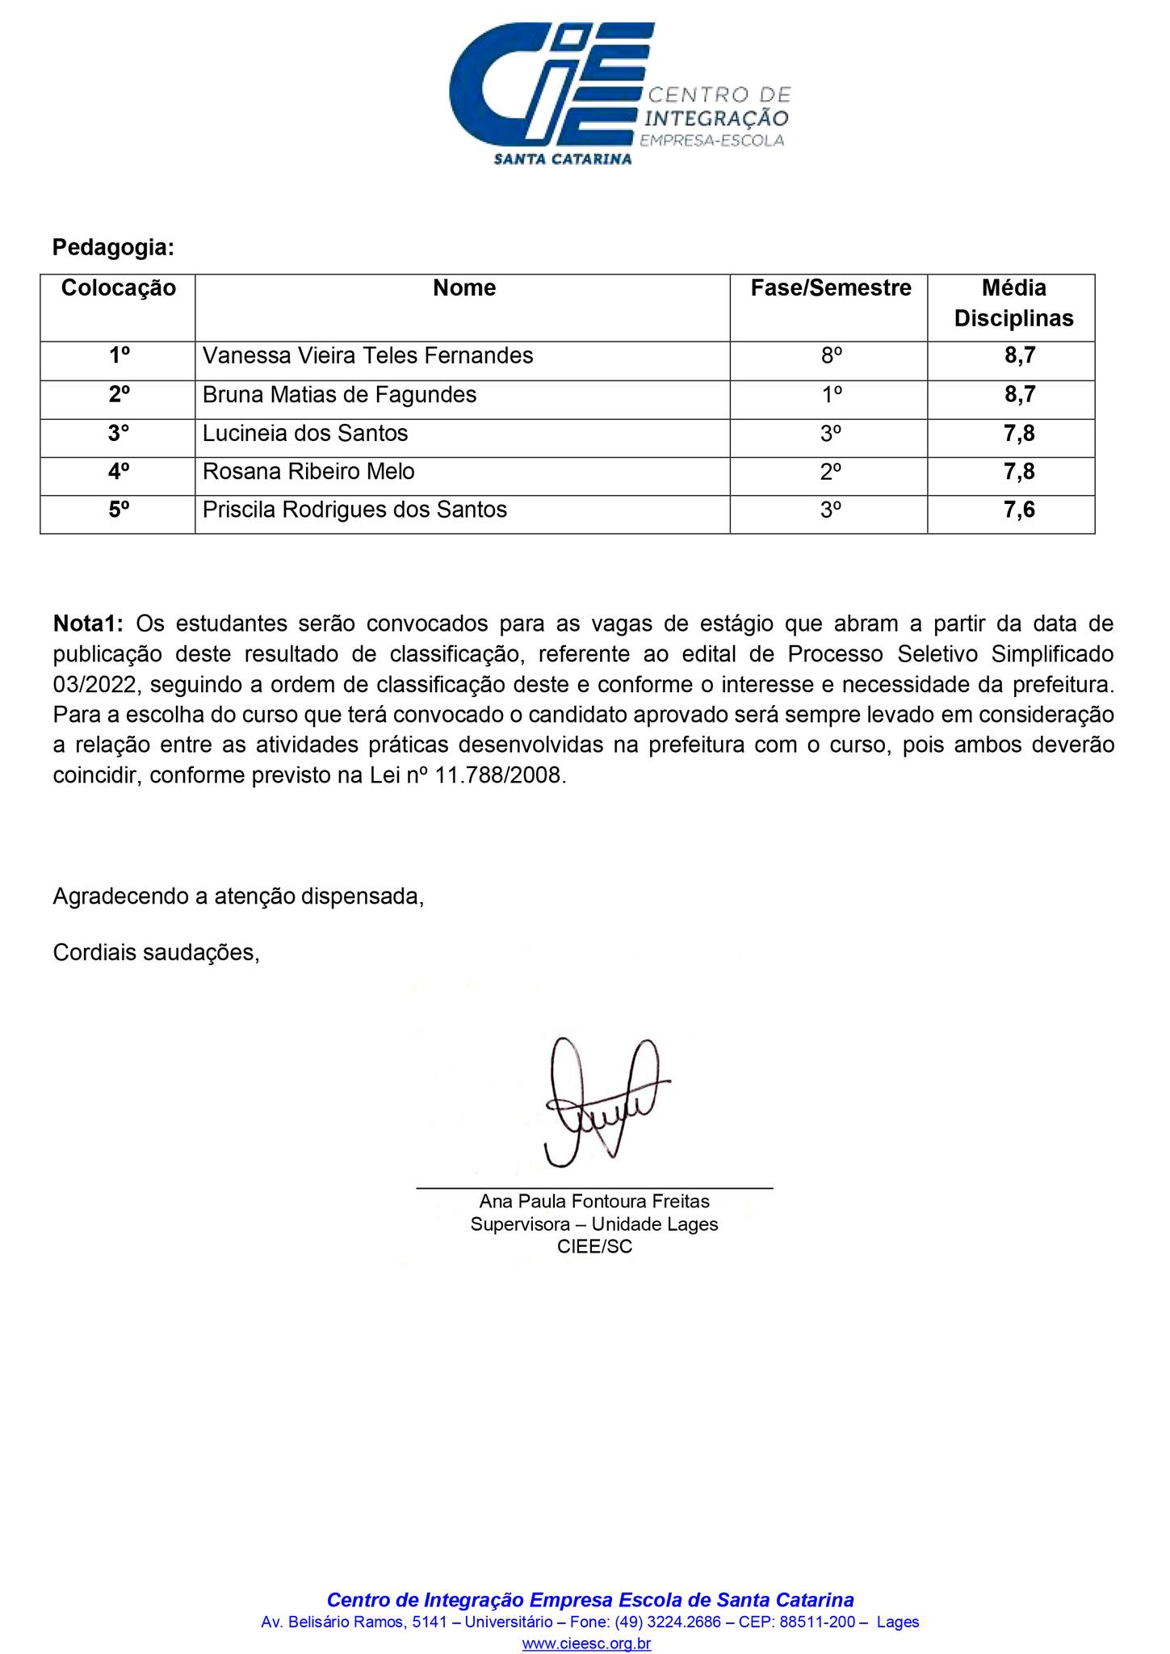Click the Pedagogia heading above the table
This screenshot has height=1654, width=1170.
[x=113, y=247]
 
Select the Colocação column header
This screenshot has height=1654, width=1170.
[x=119, y=288]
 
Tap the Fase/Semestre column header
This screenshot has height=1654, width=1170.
[x=830, y=288]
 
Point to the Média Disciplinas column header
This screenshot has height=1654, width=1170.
[x=1013, y=303]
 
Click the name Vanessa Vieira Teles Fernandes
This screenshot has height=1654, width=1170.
[x=367, y=355]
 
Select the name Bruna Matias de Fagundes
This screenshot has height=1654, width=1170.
[x=339, y=395]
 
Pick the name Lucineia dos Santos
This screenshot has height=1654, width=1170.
[x=305, y=434]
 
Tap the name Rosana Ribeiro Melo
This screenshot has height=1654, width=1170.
[x=308, y=472]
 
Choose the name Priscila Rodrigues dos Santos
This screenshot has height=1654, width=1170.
[x=354, y=510]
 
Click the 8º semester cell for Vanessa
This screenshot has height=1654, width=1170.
[x=831, y=355]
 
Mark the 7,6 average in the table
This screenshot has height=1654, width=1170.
[x=1019, y=510]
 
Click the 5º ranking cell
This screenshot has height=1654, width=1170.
[x=119, y=510]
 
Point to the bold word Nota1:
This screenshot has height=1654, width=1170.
[x=88, y=623]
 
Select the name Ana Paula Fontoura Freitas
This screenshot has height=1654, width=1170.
[x=594, y=1201]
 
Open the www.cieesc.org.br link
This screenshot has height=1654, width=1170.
[x=586, y=1644]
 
